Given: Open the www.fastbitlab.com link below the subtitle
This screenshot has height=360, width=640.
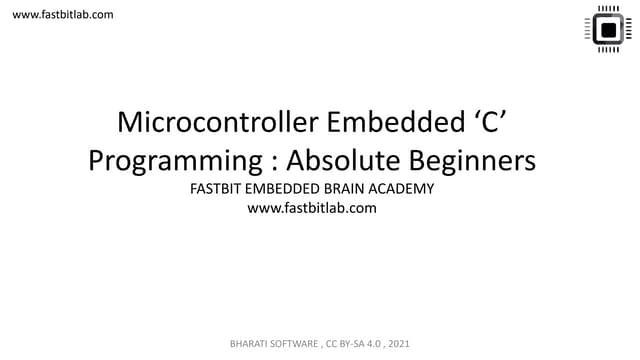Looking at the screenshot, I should click(318, 209).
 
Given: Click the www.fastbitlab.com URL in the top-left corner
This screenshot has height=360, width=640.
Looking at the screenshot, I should click(62, 14).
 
